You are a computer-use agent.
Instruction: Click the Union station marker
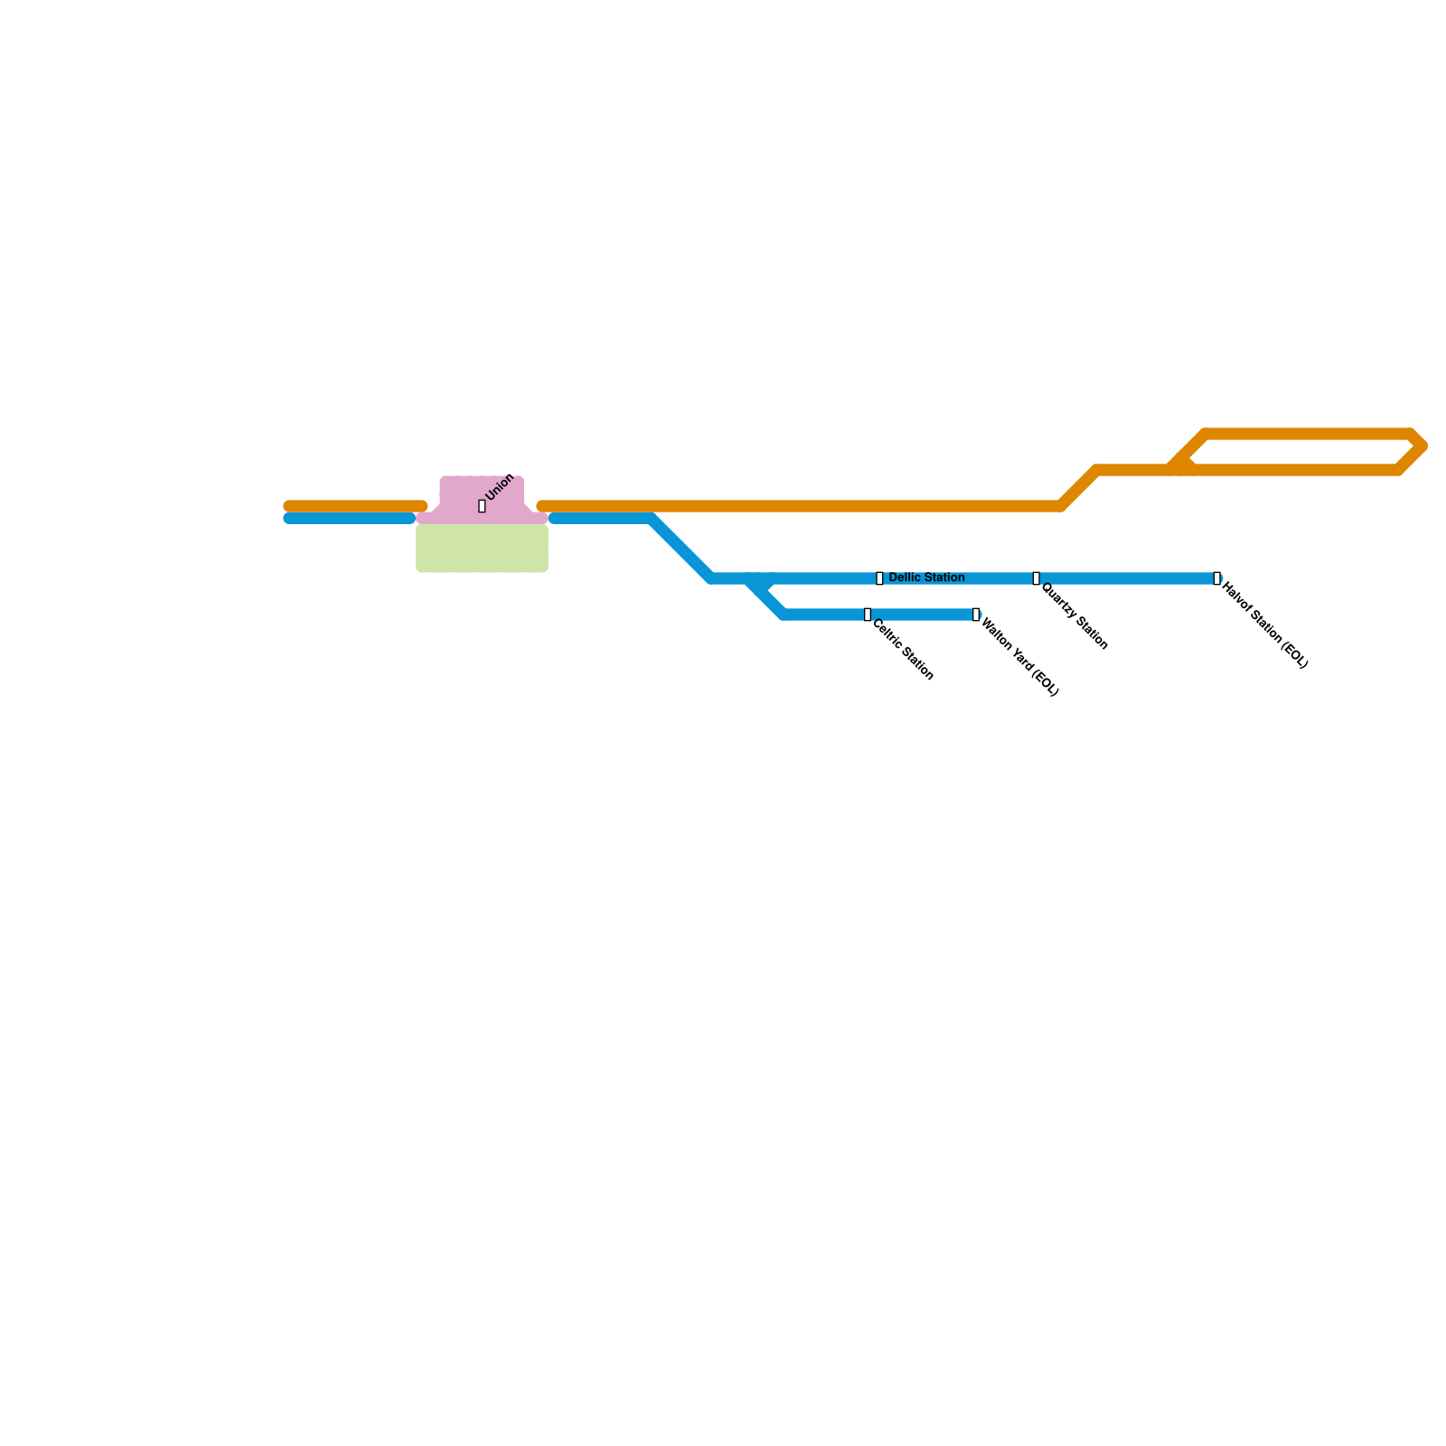pos(482,506)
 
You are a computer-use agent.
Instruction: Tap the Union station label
pos(500,487)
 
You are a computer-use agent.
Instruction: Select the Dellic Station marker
pos(879,578)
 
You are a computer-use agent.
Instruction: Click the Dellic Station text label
pos(926,577)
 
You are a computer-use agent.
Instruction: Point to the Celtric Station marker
pos(868,615)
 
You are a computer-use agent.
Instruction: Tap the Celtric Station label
pos(902,649)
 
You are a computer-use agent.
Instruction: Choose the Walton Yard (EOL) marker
pos(975,615)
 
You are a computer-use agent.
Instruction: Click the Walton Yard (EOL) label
pos(1019,657)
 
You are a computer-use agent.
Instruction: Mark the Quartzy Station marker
pos(1036,578)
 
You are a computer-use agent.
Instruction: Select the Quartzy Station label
pos(1075,616)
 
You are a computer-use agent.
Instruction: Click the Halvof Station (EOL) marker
pos(1216,578)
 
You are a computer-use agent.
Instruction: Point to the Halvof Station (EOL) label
pos(1264,625)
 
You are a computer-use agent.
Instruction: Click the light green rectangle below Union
pos(482,548)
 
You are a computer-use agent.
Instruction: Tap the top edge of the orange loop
pos(1310,434)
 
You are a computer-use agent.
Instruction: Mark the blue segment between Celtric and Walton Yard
pos(922,615)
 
